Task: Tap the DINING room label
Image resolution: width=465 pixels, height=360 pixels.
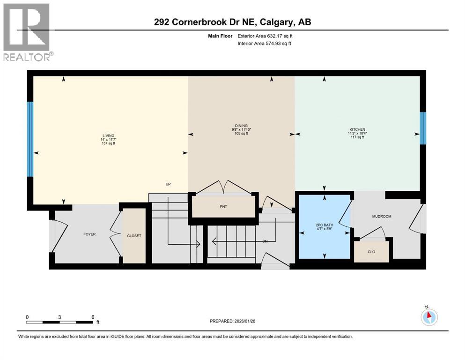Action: [x=241, y=126]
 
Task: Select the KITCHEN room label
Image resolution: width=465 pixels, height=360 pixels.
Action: [x=356, y=129]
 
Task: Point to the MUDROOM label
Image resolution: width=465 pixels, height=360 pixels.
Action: [x=381, y=216]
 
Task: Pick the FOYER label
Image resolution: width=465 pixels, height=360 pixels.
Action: [x=89, y=234]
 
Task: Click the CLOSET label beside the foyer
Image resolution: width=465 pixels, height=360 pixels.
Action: [x=134, y=236]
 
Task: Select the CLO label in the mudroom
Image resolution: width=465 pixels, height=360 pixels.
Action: [x=371, y=252]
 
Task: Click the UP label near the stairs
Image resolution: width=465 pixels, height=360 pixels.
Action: [x=168, y=184]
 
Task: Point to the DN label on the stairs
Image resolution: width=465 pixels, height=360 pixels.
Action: [x=265, y=241]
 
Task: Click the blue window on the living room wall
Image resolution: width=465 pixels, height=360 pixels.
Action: [x=30, y=139]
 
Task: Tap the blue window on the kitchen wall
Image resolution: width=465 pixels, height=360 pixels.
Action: [x=422, y=128]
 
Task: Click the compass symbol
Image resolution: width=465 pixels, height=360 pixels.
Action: [x=429, y=317]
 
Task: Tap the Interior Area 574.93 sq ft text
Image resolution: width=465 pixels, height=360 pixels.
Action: [x=265, y=44]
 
